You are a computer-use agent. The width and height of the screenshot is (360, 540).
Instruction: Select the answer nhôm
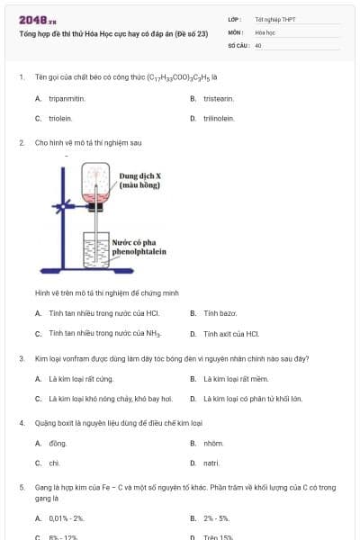[x=213, y=443]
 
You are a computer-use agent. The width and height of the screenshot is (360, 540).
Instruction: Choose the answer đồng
[x=58, y=443]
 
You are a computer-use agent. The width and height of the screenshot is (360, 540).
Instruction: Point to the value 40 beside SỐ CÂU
[x=258, y=44]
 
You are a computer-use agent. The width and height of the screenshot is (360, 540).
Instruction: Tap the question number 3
[x=21, y=358]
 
